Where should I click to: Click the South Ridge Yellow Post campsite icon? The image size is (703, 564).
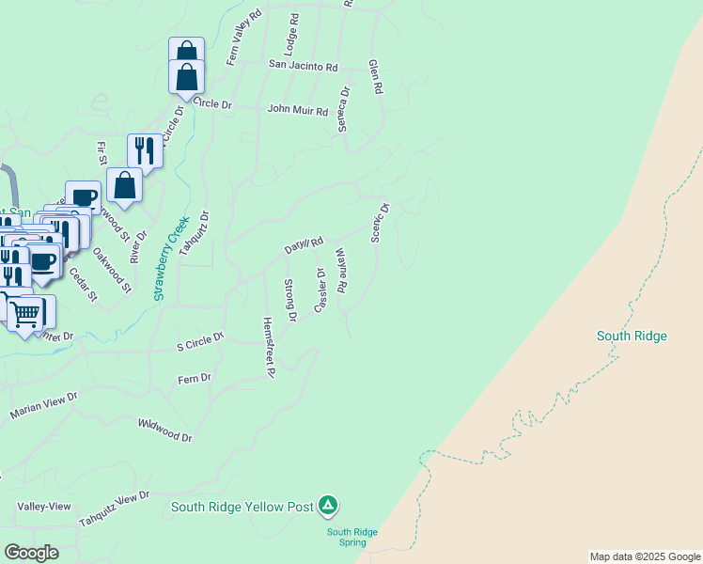point(327,506)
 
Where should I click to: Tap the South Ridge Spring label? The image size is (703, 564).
point(351,538)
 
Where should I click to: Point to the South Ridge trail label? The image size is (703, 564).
point(632,336)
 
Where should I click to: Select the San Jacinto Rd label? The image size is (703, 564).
point(303,66)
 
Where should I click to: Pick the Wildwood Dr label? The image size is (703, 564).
point(164,431)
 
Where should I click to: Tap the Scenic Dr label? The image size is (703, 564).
point(379,223)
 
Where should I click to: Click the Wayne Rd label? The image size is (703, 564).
point(341,271)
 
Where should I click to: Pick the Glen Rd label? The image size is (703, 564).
point(376,77)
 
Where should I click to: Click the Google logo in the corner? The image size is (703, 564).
point(31,553)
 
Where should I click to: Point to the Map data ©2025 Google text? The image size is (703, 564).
point(645,556)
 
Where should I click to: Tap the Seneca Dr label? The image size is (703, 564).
point(344,109)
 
